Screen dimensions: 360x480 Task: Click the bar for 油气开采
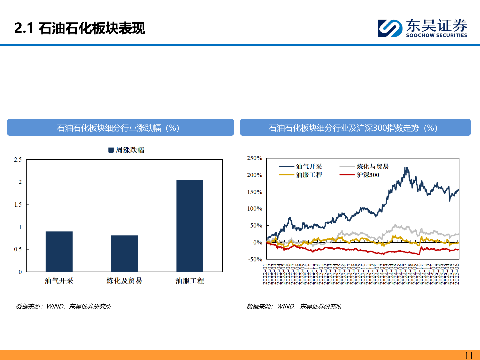[59, 252]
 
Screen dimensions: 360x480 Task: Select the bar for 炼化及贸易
[124, 254]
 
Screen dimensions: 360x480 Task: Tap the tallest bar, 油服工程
[190, 226]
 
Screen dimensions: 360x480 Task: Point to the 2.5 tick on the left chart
[18, 160]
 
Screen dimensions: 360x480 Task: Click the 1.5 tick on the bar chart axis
[18, 204]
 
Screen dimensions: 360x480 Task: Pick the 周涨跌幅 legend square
[111, 150]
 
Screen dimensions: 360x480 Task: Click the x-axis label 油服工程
[190, 281]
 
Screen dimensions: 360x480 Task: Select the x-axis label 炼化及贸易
[124, 281]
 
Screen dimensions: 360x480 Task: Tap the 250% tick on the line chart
[255, 158]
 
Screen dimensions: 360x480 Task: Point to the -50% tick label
[255, 259]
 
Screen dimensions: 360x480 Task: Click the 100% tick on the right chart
[255, 209]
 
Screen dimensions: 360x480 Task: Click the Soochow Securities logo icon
[390, 28]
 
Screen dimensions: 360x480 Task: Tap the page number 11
[469, 355]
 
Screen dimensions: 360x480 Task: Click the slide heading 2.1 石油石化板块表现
[80, 28]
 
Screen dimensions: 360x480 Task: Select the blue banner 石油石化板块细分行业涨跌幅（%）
[120, 128]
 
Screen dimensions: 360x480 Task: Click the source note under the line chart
[294, 306]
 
